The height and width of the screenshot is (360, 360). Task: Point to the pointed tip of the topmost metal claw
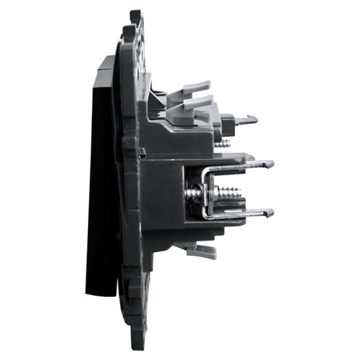point(256,120)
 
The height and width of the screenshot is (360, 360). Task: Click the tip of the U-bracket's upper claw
point(270,164)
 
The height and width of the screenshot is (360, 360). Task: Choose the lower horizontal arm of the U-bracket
point(240,214)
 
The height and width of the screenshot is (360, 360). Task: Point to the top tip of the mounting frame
point(135,14)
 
